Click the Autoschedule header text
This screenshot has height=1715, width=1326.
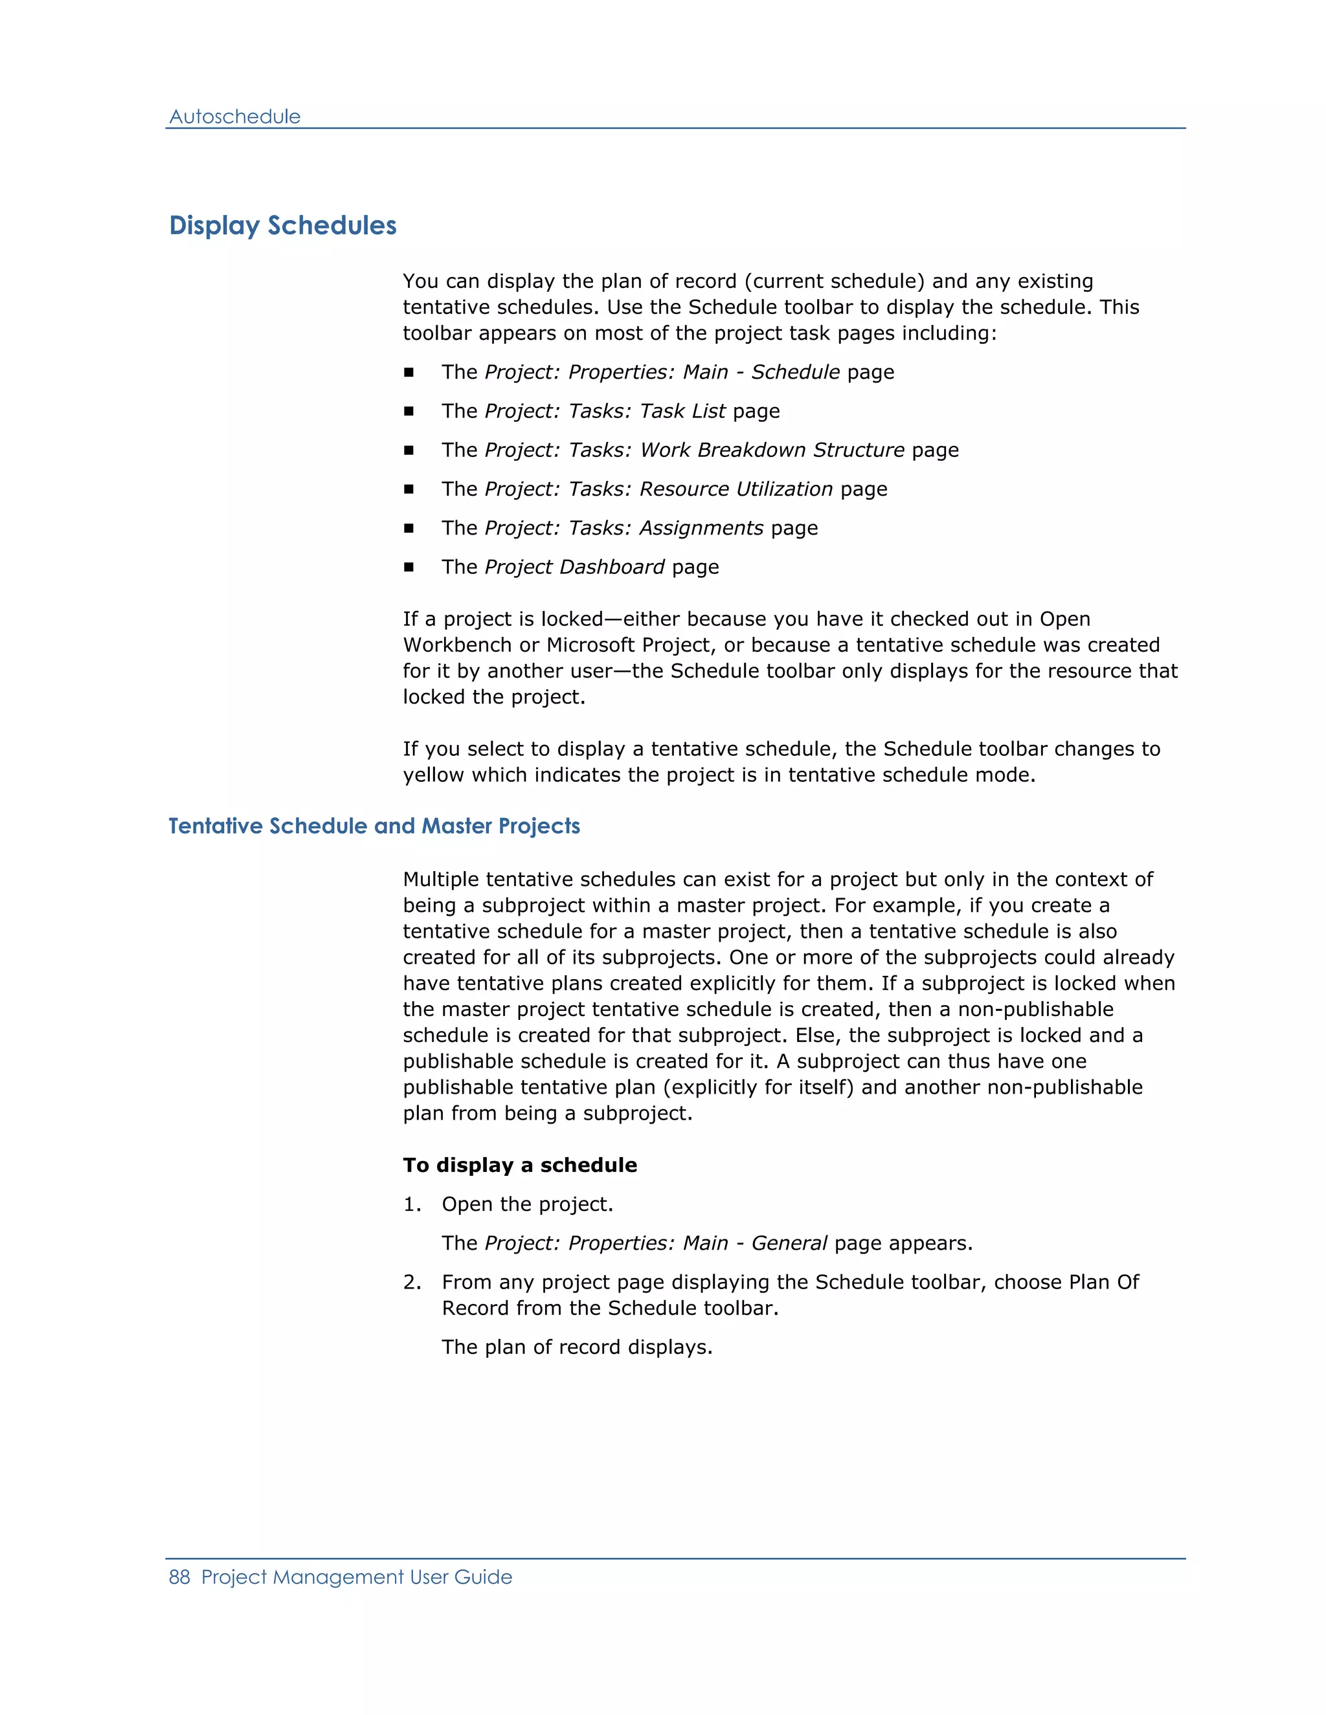(234, 117)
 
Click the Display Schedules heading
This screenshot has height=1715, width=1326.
(283, 226)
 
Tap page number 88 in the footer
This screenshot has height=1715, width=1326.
(179, 1577)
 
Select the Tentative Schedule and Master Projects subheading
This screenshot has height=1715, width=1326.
(374, 826)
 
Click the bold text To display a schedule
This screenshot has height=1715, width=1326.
(519, 1166)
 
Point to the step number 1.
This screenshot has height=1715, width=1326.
(411, 1204)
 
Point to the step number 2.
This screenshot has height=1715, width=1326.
(411, 1282)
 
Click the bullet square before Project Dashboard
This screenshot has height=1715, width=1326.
(409, 567)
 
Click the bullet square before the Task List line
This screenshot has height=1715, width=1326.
(409, 412)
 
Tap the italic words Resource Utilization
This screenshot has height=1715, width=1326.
(736, 489)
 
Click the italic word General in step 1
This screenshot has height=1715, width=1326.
(789, 1243)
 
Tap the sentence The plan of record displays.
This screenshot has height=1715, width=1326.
(577, 1347)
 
